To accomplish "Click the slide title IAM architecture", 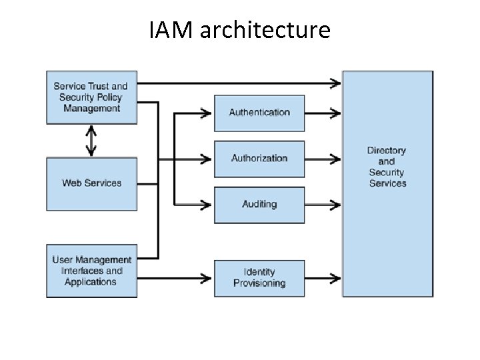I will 239,30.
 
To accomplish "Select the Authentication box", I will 259,113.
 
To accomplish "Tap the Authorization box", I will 259,159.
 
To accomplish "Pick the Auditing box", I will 259,204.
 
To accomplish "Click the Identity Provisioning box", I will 259,278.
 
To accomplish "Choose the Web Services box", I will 91,183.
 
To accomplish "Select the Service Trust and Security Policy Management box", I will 91,97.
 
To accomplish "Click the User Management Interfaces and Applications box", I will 91,271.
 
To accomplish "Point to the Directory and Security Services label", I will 387,167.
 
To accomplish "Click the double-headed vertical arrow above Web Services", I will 91,141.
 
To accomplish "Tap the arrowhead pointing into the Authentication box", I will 207,113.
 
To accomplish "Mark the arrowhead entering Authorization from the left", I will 207,159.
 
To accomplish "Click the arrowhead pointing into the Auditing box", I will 207,204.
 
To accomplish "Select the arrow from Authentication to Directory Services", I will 323,113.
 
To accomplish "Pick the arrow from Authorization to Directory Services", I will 323,159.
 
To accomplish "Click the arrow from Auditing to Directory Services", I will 323,204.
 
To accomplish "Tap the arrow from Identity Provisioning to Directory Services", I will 323,278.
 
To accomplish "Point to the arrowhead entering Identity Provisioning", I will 207,278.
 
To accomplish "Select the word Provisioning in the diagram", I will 259,283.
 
